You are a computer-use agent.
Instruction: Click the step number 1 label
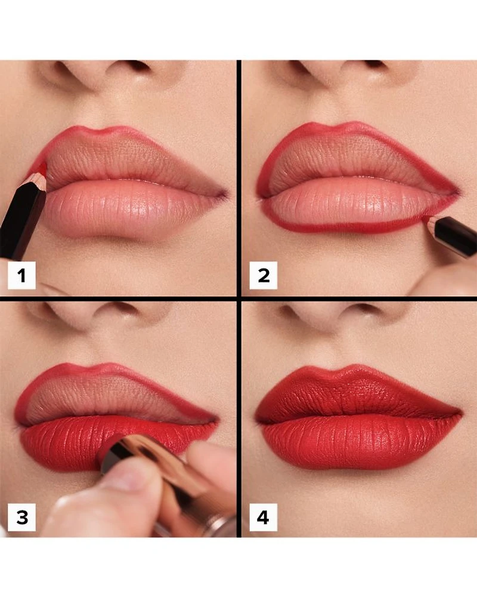point(21,275)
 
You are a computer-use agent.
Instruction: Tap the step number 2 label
point(263,275)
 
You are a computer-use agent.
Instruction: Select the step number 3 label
point(21,517)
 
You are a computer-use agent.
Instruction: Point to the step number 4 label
point(263,517)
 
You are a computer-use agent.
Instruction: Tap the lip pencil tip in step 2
point(428,219)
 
